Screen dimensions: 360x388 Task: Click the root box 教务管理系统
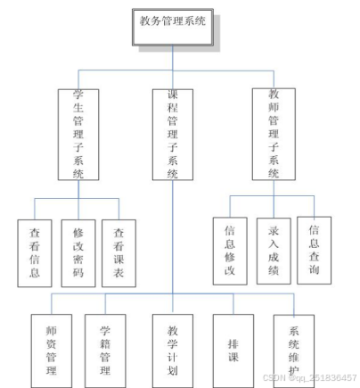(x=173, y=27)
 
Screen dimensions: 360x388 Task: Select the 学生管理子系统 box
(x=78, y=135)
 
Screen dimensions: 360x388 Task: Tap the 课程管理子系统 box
(x=173, y=135)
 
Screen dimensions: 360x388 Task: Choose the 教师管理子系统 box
(x=274, y=134)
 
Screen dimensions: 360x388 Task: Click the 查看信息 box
(x=35, y=253)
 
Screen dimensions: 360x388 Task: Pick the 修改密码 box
(x=78, y=253)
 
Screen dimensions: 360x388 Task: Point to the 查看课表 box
(x=119, y=253)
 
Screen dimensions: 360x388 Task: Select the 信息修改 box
(x=230, y=252)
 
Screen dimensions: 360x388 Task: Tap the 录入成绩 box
(x=274, y=252)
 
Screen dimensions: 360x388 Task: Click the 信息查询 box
(x=314, y=251)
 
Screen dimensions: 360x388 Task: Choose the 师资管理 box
(x=52, y=351)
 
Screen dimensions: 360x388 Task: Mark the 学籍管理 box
(x=105, y=351)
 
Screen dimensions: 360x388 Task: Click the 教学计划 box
(x=173, y=351)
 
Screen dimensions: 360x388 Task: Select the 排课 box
(x=233, y=351)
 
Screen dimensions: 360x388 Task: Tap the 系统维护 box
(x=294, y=351)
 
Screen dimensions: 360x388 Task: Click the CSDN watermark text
(x=309, y=377)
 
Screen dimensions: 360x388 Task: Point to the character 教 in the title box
(x=145, y=21)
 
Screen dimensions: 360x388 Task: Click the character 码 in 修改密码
(x=78, y=272)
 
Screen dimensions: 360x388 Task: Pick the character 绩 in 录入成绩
(x=274, y=270)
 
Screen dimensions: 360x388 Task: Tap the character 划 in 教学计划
(x=173, y=370)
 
